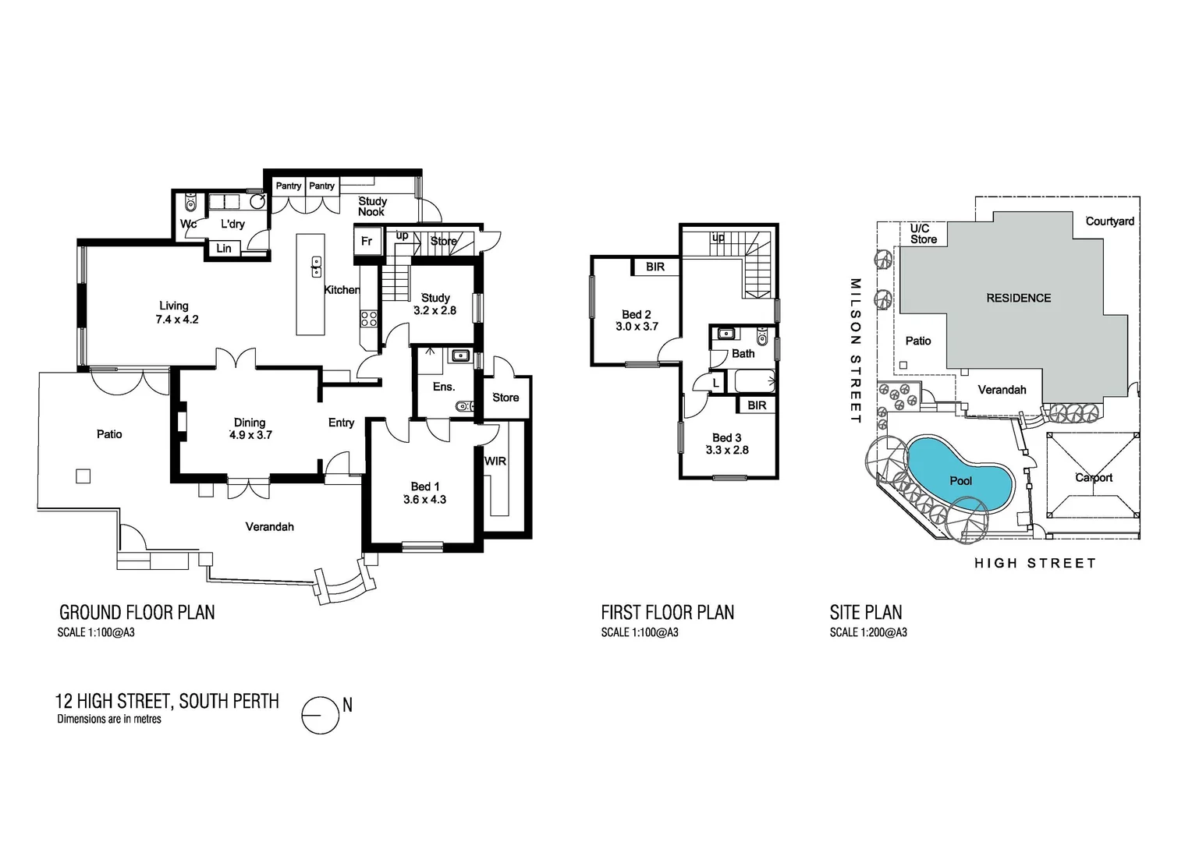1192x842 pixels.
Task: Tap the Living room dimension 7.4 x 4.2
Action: click(177, 320)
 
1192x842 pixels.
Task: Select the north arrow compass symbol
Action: click(321, 714)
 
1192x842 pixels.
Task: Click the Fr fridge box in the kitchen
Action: click(367, 242)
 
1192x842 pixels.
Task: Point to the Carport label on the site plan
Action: click(1094, 478)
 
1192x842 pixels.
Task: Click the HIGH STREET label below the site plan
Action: click(1034, 563)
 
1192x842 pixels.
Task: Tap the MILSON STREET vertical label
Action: click(855, 351)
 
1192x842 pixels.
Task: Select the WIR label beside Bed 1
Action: click(495, 462)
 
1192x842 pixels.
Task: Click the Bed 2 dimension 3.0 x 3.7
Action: click(637, 327)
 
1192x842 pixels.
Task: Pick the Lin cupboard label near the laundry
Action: click(224, 249)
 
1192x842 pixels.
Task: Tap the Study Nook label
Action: click(372, 207)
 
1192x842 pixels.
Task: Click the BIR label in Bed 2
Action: click(655, 267)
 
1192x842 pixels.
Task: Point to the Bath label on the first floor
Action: click(743, 353)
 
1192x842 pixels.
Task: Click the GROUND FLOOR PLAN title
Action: click(137, 613)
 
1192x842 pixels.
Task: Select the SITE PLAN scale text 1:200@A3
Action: click(868, 632)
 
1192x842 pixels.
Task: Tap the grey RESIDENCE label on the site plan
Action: click(1018, 298)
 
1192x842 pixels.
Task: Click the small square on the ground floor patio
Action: click(83, 476)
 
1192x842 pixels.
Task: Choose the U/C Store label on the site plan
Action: click(923, 234)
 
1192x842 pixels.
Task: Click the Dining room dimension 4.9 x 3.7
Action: click(250, 435)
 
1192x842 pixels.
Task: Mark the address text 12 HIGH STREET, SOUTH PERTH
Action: click(167, 701)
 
